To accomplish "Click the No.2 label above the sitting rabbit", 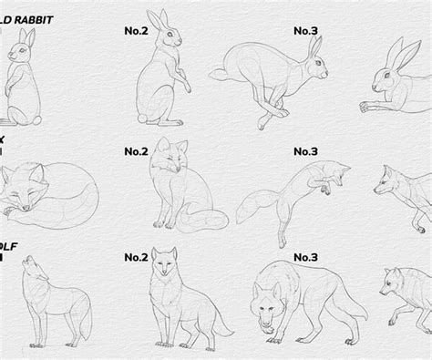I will point(137,30).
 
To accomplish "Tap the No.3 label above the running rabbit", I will point(306,30).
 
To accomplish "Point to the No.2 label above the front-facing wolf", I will point(137,258).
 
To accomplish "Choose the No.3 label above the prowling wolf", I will point(306,258).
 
